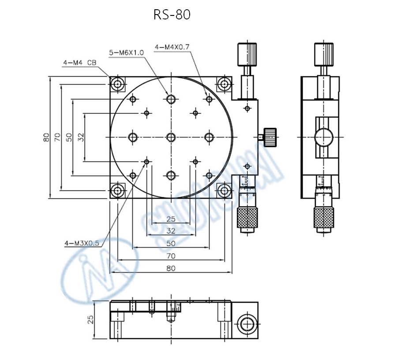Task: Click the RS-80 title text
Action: click(172, 15)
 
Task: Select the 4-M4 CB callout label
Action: click(80, 63)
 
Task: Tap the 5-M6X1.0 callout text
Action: click(127, 52)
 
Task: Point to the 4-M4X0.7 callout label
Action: click(172, 46)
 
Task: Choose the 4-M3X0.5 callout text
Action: click(82, 243)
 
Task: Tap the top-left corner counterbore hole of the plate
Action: click(117, 84)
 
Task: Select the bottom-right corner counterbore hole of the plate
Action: click(225, 191)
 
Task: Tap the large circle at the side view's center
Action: click(324, 137)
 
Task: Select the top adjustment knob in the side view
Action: click(323, 54)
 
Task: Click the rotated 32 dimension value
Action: click(81, 138)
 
